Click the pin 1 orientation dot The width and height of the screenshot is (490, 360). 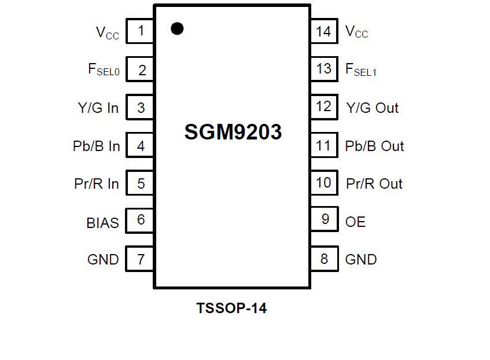[x=178, y=28]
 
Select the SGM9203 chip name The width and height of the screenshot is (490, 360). [x=233, y=133]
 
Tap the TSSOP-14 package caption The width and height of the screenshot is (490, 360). [x=231, y=308]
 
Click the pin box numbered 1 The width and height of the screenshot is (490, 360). [x=141, y=31]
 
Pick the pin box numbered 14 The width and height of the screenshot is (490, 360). [x=324, y=31]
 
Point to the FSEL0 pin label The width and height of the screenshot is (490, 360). [x=104, y=70]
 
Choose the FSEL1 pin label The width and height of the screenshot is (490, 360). [x=361, y=70]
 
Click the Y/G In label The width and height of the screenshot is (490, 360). [x=98, y=108]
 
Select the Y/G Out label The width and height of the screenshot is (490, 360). [x=372, y=108]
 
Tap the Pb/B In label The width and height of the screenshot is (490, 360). [x=96, y=146]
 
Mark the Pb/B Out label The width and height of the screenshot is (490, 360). [x=374, y=146]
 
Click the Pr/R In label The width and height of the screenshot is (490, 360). [x=97, y=184]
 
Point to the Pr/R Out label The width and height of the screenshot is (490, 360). [x=374, y=184]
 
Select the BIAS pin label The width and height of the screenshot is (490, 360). [x=102, y=222]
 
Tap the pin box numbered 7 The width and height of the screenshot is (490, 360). [x=141, y=259]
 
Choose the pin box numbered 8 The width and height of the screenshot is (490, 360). [x=324, y=259]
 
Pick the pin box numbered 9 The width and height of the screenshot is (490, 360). [x=324, y=219]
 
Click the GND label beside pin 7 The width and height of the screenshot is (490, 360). [x=103, y=260]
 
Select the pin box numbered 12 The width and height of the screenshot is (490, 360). [x=324, y=107]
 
